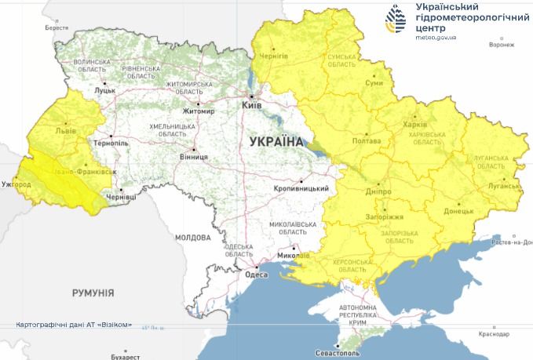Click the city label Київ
[x=251, y=104]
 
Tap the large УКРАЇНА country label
[x=276, y=142]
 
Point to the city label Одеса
[x=256, y=275]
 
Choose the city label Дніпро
[x=378, y=191]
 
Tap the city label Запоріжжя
[x=383, y=216]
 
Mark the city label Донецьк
[x=458, y=211]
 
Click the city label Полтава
[x=367, y=141]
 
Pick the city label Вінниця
[x=194, y=157]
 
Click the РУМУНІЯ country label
[x=93, y=293]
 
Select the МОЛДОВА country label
[x=192, y=236]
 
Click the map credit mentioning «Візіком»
[x=74, y=325]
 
